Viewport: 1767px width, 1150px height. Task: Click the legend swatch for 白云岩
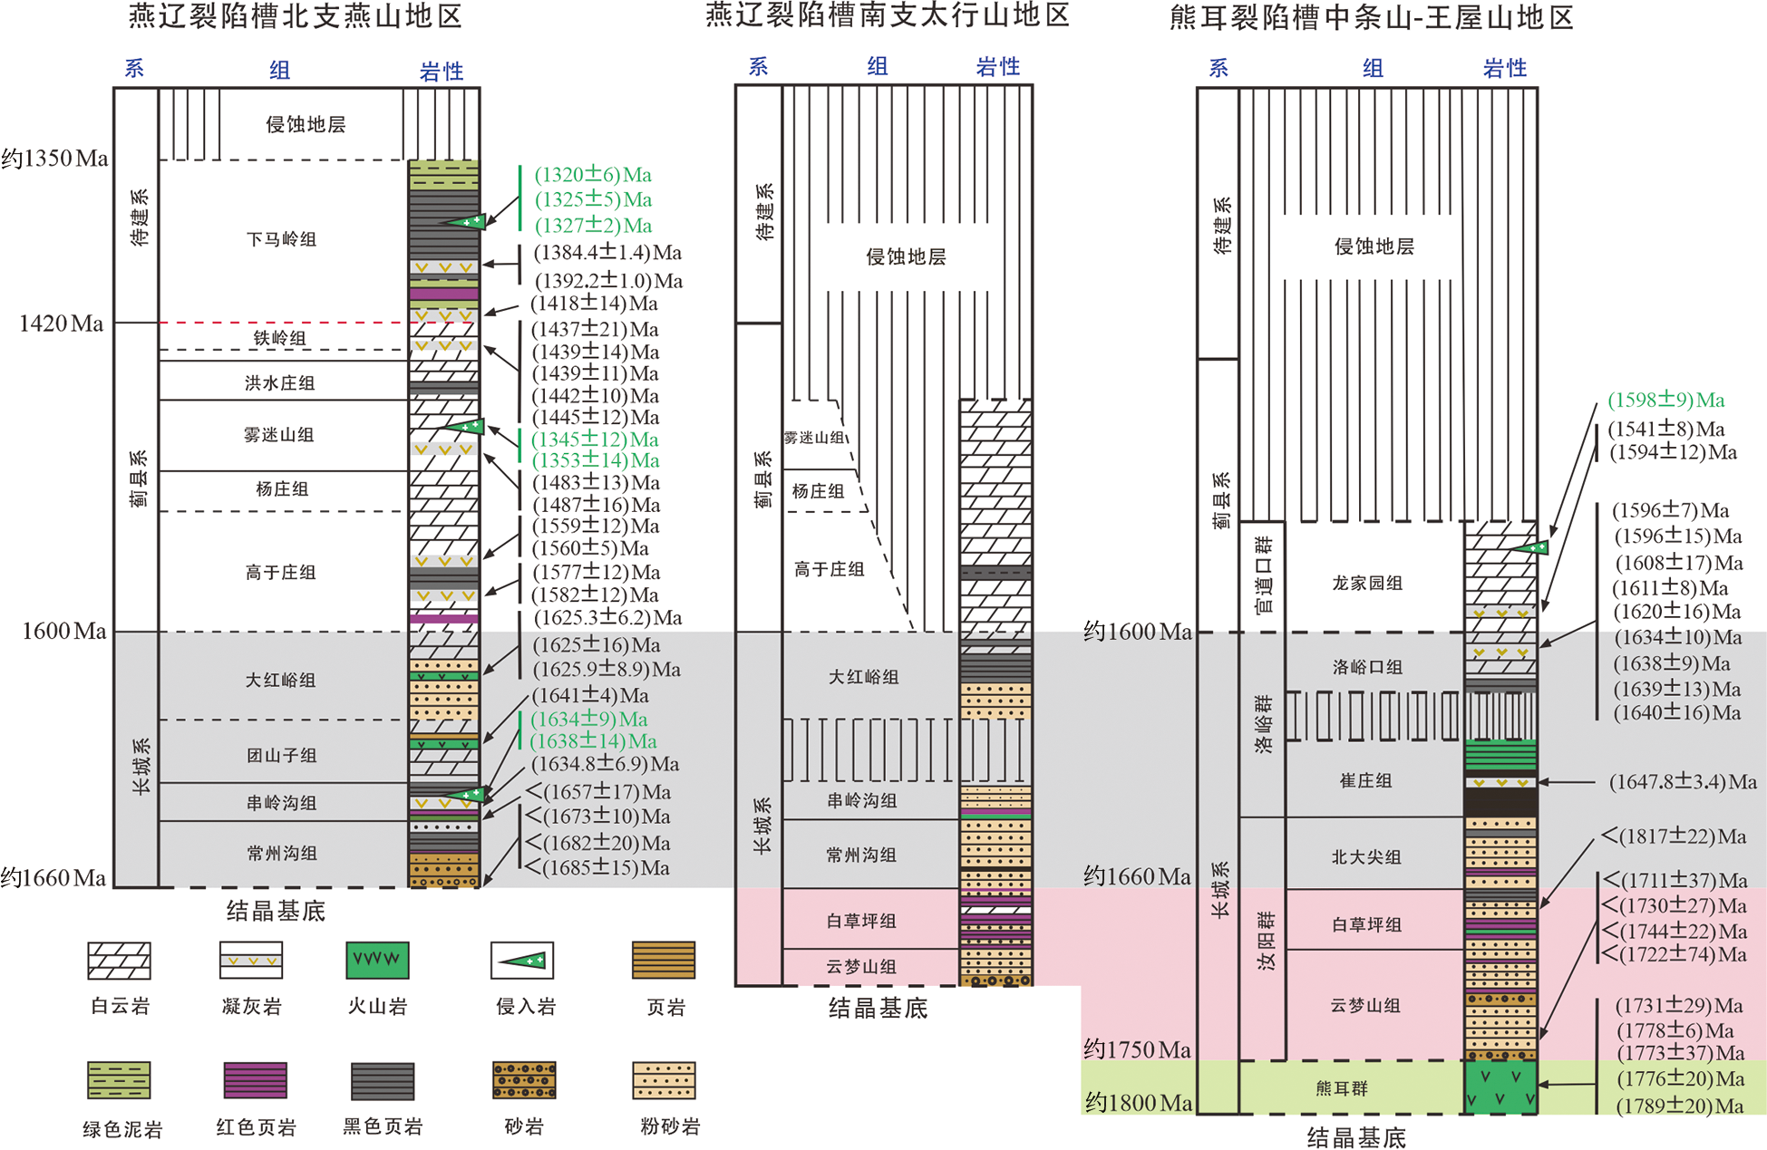[x=119, y=961]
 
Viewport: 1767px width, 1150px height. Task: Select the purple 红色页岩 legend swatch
[x=256, y=1080]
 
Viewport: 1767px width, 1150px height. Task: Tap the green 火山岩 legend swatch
[x=377, y=961]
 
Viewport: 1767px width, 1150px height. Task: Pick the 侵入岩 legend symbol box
[x=522, y=961]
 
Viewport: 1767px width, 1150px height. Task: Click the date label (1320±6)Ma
[x=593, y=174]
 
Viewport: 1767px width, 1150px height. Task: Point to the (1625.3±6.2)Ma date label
[x=607, y=618]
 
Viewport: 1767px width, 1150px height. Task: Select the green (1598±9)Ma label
[x=1666, y=400]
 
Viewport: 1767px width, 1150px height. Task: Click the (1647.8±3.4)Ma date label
[x=1683, y=781]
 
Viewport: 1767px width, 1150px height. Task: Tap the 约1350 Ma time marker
[x=54, y=159]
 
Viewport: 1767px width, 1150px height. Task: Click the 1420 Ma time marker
[x=62, y=324]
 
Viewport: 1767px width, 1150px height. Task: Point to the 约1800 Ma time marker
[x=1139, y=1103]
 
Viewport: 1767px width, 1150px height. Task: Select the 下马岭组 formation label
[x=281, y=239]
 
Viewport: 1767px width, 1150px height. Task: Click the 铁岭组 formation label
[x=279, y=338]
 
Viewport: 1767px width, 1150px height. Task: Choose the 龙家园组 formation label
[x=1367, y=583]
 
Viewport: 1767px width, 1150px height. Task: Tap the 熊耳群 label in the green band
[x=1342, y=1087]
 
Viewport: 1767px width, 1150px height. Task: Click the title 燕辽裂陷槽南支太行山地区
[x=888, y=15]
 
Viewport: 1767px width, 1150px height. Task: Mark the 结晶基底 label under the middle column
[x=878, y=1008]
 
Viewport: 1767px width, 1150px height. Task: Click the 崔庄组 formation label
[x=1365, y=780]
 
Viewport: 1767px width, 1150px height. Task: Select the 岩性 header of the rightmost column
[x=1505, y=68]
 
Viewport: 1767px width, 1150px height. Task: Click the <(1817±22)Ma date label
[x=1674, y=836]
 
